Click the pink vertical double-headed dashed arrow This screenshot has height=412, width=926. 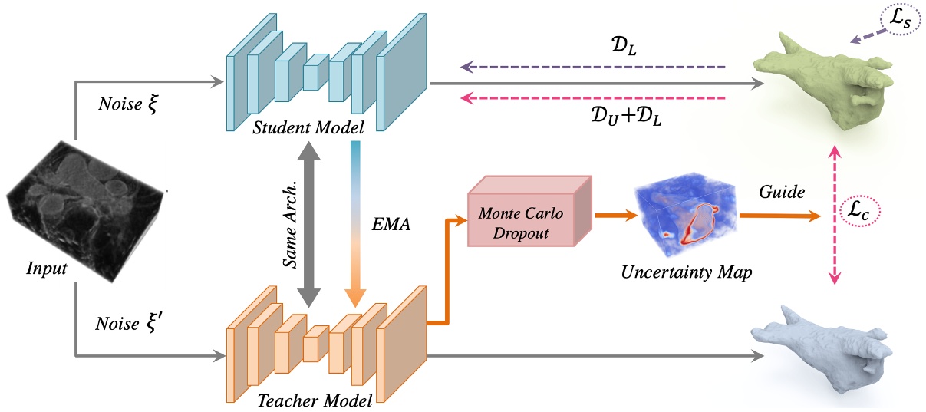tap(835, 219)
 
